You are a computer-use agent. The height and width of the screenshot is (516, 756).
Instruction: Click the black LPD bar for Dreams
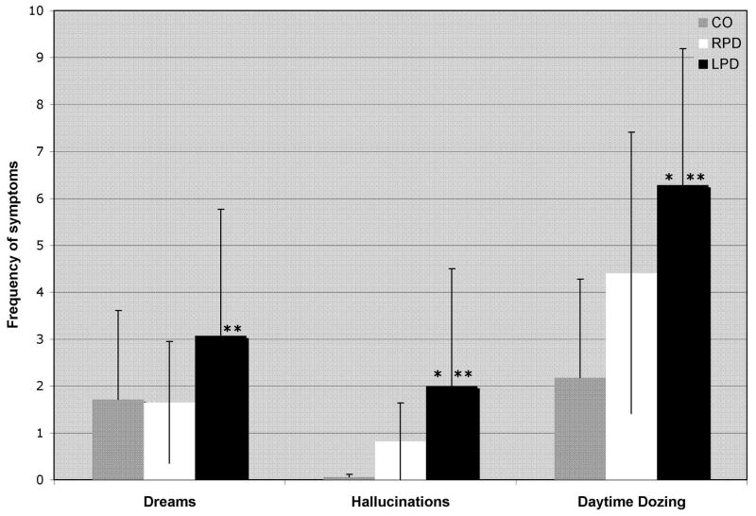pos(221,408)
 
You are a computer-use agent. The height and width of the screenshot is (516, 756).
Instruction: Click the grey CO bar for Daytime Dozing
pos(580,429)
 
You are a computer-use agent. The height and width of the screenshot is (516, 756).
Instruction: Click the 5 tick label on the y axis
pos(38,246)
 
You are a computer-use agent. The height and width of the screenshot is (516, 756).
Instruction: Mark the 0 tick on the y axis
pos(38,480)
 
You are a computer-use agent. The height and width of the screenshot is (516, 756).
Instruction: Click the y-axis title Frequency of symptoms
pos(13,246)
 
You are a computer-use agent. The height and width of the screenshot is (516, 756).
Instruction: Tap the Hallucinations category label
pos(401,500)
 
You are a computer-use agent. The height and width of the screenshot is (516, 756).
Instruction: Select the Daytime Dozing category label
pos(631,500)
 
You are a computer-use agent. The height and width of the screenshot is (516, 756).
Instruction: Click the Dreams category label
pos(170,500)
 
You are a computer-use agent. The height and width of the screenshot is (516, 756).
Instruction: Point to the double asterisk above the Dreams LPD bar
pos(232,329)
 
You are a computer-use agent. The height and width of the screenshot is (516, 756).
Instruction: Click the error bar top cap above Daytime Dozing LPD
pos(682,48)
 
